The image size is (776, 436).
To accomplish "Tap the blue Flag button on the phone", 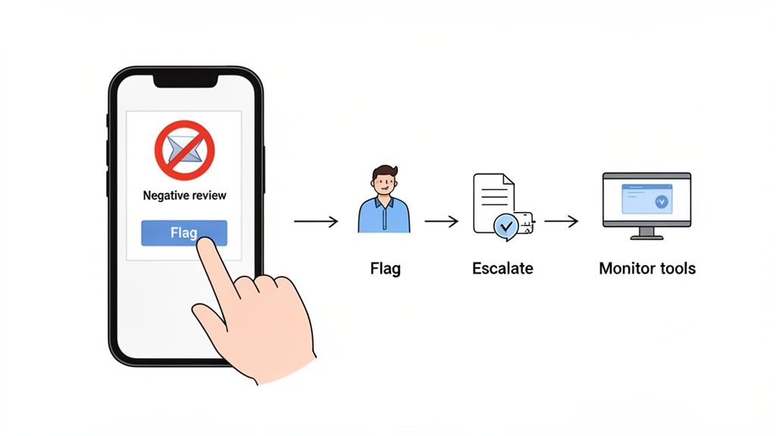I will (183, 232).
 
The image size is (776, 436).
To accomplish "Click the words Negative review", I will (184, 195).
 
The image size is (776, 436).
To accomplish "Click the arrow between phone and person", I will (315, 222).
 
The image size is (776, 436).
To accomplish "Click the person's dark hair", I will (383, 172).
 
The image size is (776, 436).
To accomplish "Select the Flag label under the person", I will (385, 268).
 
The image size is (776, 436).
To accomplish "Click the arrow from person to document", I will (442, 222).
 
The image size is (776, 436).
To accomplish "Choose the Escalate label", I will (502, 268).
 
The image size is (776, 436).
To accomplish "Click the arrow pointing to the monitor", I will (562, 222).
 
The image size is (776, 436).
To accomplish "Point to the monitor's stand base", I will (646, 237).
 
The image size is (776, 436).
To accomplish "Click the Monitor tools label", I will (647, 268).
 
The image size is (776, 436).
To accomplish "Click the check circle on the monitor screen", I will (660, 201).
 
